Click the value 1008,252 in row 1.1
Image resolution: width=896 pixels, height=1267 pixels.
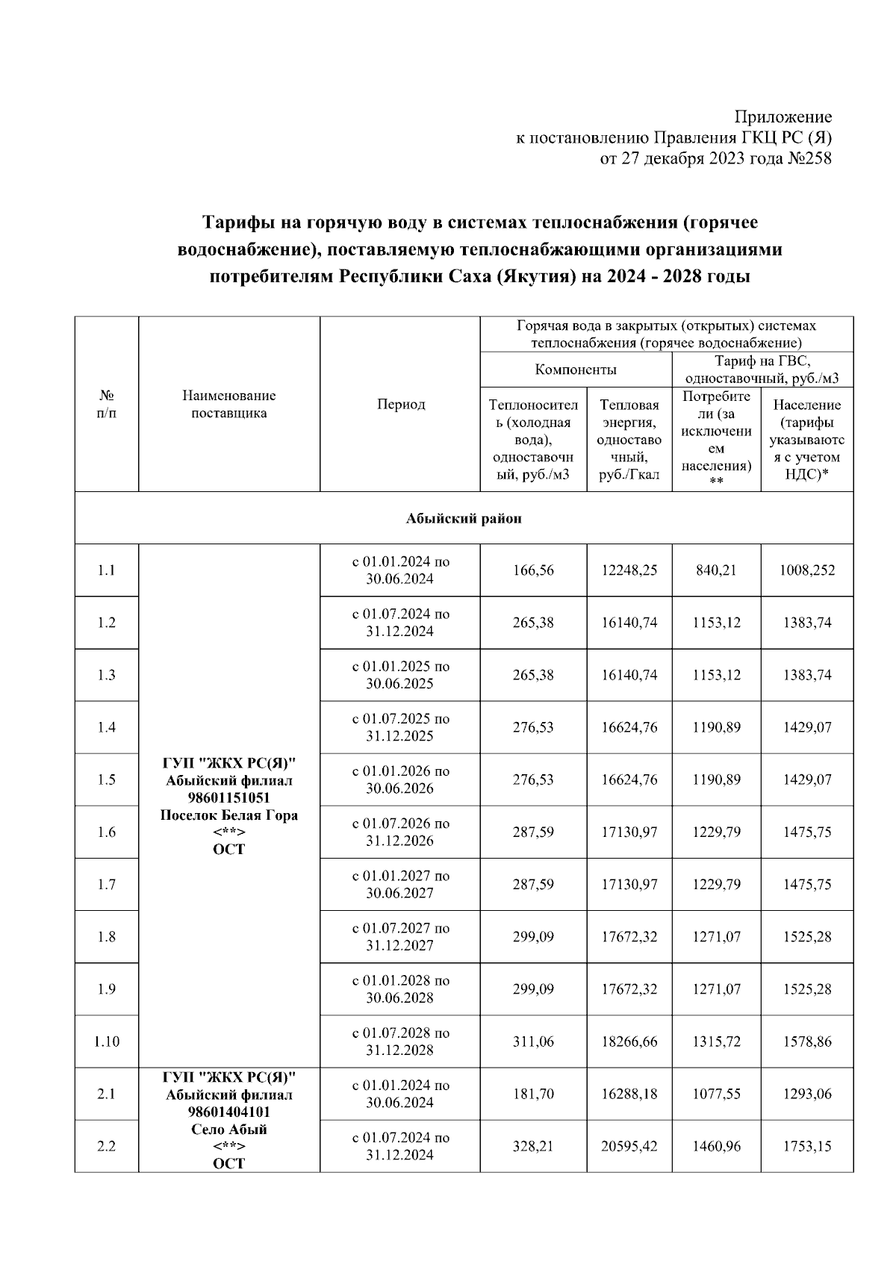pos(806,570)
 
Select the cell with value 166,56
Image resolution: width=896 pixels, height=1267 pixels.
pos(533,570)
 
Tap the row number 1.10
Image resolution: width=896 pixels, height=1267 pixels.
pos(107,1042)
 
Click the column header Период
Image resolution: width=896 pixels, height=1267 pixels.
pos(400,404)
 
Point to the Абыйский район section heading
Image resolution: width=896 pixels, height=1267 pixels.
pos(464,518)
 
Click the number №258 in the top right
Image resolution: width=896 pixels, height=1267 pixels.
pos(809,158)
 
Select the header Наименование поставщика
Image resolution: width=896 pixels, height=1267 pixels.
pos(229,404)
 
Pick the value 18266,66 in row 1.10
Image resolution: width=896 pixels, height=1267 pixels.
pos(629,1042)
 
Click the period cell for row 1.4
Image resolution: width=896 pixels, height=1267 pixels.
pos(400,727)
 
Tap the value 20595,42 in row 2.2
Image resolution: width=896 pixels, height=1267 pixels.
pos(629,1146)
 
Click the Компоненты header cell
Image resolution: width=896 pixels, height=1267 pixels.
pos(576,370)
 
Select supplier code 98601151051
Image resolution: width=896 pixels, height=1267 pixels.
pos(229,798)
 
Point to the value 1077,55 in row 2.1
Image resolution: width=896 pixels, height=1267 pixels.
pos(716,1094)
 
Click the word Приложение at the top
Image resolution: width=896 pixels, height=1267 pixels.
pos(783,117)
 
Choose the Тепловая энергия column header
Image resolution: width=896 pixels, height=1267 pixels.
pos(629,440)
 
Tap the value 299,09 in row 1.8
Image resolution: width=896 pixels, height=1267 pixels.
pos(533,937)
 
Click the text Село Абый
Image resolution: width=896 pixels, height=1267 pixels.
pos(229,1129)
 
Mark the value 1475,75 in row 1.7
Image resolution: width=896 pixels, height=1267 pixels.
pos(806,885)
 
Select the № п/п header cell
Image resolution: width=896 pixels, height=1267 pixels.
pos(107,404)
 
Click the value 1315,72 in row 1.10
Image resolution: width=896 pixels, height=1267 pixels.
pos(716,1042)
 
